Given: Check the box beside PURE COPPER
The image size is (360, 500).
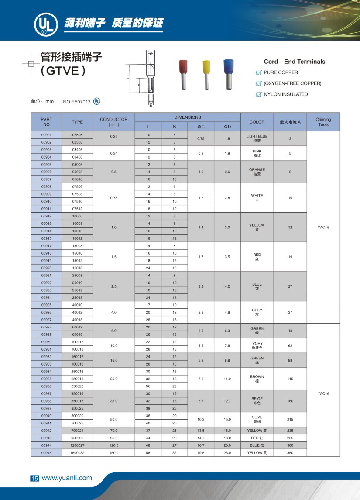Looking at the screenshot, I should pyautogui.click(x=258, y=72).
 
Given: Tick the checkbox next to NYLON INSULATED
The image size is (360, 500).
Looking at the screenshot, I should pyautogui.click(x=258, y=94).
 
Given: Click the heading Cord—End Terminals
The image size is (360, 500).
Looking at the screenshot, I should pyautogui.click(x=295, y=62).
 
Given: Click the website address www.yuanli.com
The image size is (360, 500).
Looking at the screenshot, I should pyautogui.click(x=67, y=478).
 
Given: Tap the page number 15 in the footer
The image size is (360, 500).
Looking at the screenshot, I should pyautogui.click(x=34, y=478).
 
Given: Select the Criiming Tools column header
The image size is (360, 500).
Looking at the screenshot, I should pyautogui.click(x=323, y=122).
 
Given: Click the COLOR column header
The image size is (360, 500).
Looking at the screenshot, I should pyautogui.click(x=257, y=122).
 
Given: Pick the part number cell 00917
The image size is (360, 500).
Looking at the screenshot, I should pyautogui.click(x=46, y=246).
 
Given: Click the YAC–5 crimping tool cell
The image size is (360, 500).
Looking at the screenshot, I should pyautogui.click(x=323, y=227).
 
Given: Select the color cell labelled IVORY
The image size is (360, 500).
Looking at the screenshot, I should pyautogui.click(x=257, y=346).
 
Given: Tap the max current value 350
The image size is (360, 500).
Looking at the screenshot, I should pyautogui.click(x=290, y=453).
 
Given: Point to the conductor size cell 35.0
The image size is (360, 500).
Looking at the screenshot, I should pyautogui.click(x=114, y=400).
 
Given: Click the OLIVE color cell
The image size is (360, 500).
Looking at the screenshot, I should pyautogui.click(x=257, y=419).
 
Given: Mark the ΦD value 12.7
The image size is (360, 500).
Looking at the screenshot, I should pyautogui.click(x=227, y=400).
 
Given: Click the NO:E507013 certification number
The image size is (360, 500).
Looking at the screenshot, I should pyautogui.click(x=77, y=102).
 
